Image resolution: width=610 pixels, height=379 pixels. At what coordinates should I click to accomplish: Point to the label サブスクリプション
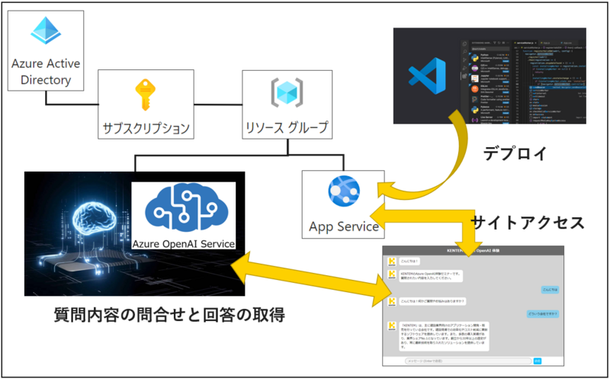pyautogui.click(x=146, y=127)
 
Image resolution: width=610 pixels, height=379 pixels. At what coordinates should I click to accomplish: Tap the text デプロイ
pyautogui.click(x=515, y=153)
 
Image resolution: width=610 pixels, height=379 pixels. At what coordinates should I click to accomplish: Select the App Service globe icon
pyautogui.click(x=339, y=191)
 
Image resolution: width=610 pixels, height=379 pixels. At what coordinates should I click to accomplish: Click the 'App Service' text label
pyautogui.click(x=344, y=226)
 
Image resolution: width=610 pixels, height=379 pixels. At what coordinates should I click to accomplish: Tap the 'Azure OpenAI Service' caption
pyautogui.click(x=184, y=244)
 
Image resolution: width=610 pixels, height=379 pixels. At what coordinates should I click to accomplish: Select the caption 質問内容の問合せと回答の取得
pyautogui.click(x=169, y=315)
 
